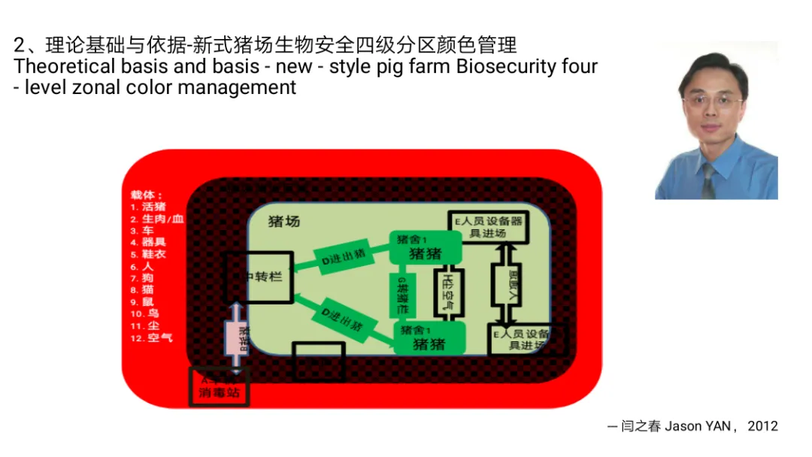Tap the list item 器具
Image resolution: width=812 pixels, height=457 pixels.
[x=153, y=242]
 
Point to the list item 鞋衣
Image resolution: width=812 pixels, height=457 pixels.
[x=153, y=254]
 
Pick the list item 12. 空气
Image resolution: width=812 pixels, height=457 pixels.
[x=151, y=337]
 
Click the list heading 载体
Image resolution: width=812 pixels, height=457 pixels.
[x=146, y=195]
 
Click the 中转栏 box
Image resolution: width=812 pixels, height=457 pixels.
[x=260, y=277]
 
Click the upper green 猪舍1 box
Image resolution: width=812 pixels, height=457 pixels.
[x=425, y=247]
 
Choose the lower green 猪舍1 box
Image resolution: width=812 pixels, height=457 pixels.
[x=429, y=338]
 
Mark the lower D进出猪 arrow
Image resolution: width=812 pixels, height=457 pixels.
[x=343, y=320]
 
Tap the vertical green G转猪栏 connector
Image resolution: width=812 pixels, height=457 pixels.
[x=402, y=295]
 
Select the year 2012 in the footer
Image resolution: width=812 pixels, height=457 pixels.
[x=762, y=426]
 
